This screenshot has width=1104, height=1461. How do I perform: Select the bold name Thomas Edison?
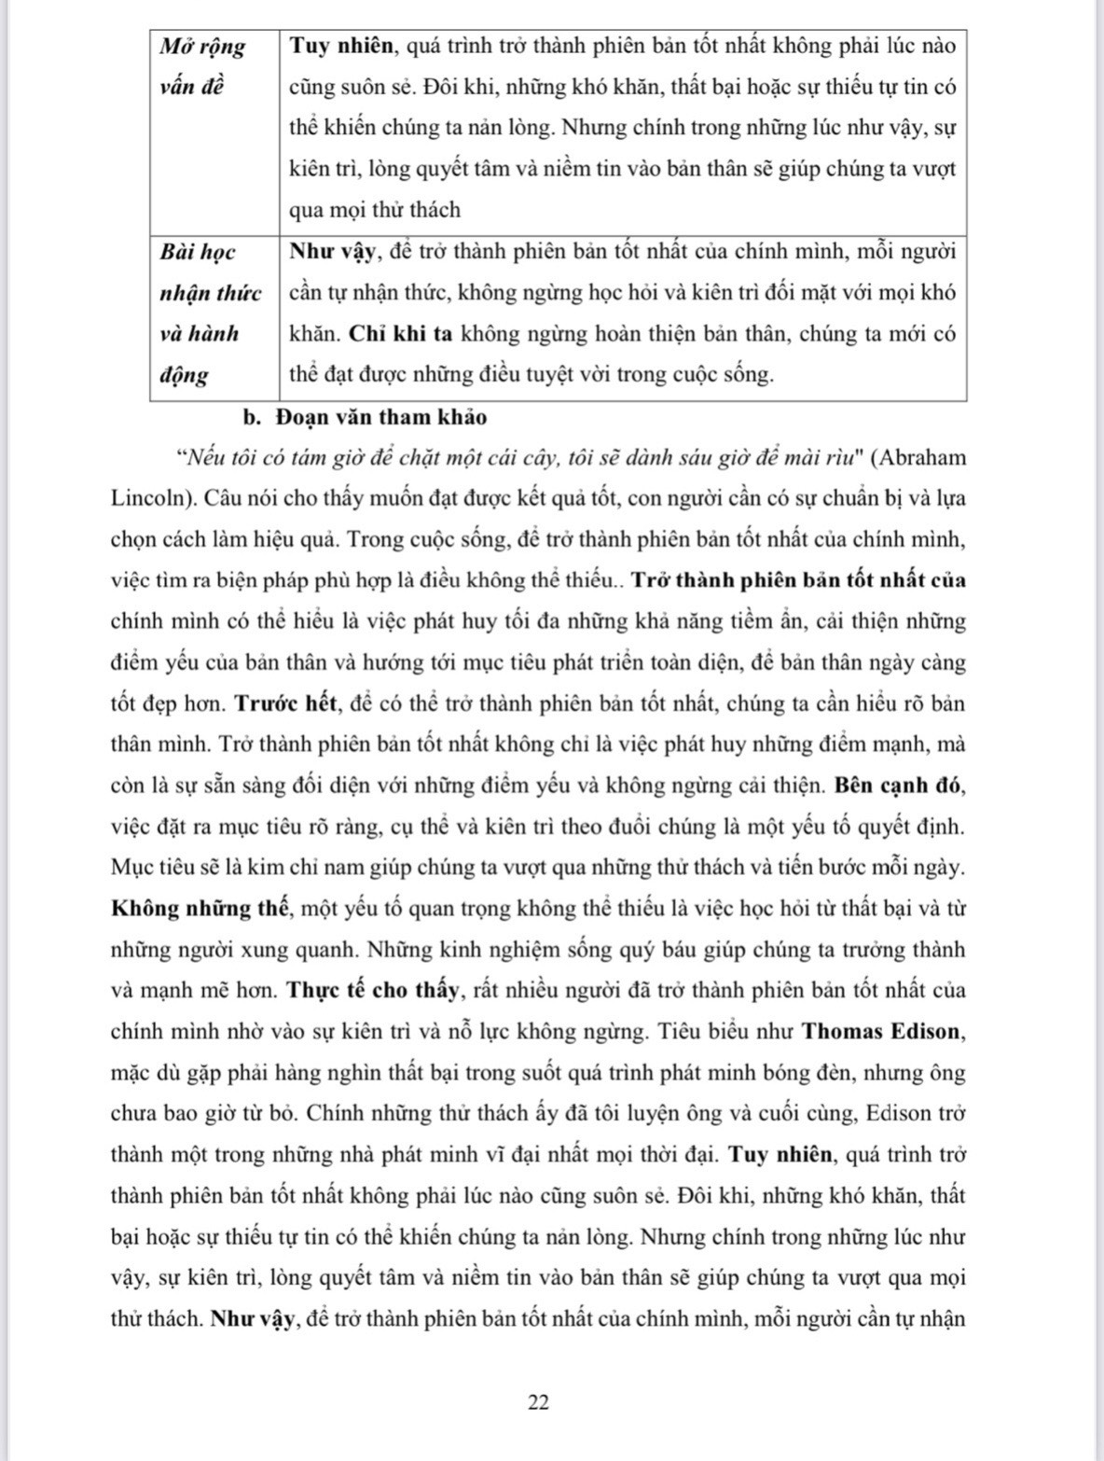(x=881, y=1031)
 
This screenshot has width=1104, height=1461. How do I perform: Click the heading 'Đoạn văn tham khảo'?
(x=380, y=416)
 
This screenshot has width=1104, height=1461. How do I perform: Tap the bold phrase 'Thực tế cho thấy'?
(x=374, y=990)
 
